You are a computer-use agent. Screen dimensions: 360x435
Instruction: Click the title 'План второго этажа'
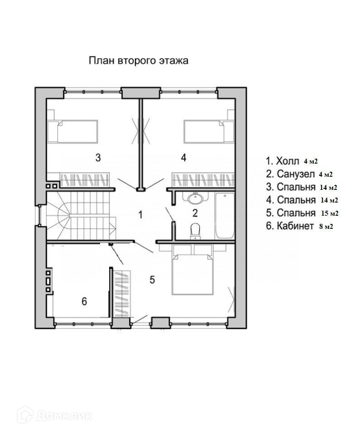139,61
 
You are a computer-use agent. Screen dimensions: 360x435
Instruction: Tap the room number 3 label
98,158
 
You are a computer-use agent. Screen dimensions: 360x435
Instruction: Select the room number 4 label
183,158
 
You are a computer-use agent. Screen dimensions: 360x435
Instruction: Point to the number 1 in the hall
140,214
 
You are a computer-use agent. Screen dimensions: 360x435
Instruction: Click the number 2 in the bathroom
195,213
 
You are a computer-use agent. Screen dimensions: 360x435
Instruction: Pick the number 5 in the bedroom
152,280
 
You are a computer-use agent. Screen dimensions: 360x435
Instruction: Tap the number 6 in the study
84,301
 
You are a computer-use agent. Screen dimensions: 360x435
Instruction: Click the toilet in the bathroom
196,232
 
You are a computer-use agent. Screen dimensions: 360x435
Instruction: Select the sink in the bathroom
196,198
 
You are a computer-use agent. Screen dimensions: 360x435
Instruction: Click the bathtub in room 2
225,216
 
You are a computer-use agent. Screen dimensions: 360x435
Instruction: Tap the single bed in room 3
72,131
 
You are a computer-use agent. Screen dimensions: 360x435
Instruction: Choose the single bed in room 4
209,131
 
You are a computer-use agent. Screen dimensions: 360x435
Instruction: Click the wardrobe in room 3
85,180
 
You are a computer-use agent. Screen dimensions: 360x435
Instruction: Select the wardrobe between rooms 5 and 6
122,293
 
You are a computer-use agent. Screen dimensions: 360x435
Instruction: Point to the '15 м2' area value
330,213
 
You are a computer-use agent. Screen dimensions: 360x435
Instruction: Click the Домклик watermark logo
55,416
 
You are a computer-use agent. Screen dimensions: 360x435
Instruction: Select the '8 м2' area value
326,227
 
